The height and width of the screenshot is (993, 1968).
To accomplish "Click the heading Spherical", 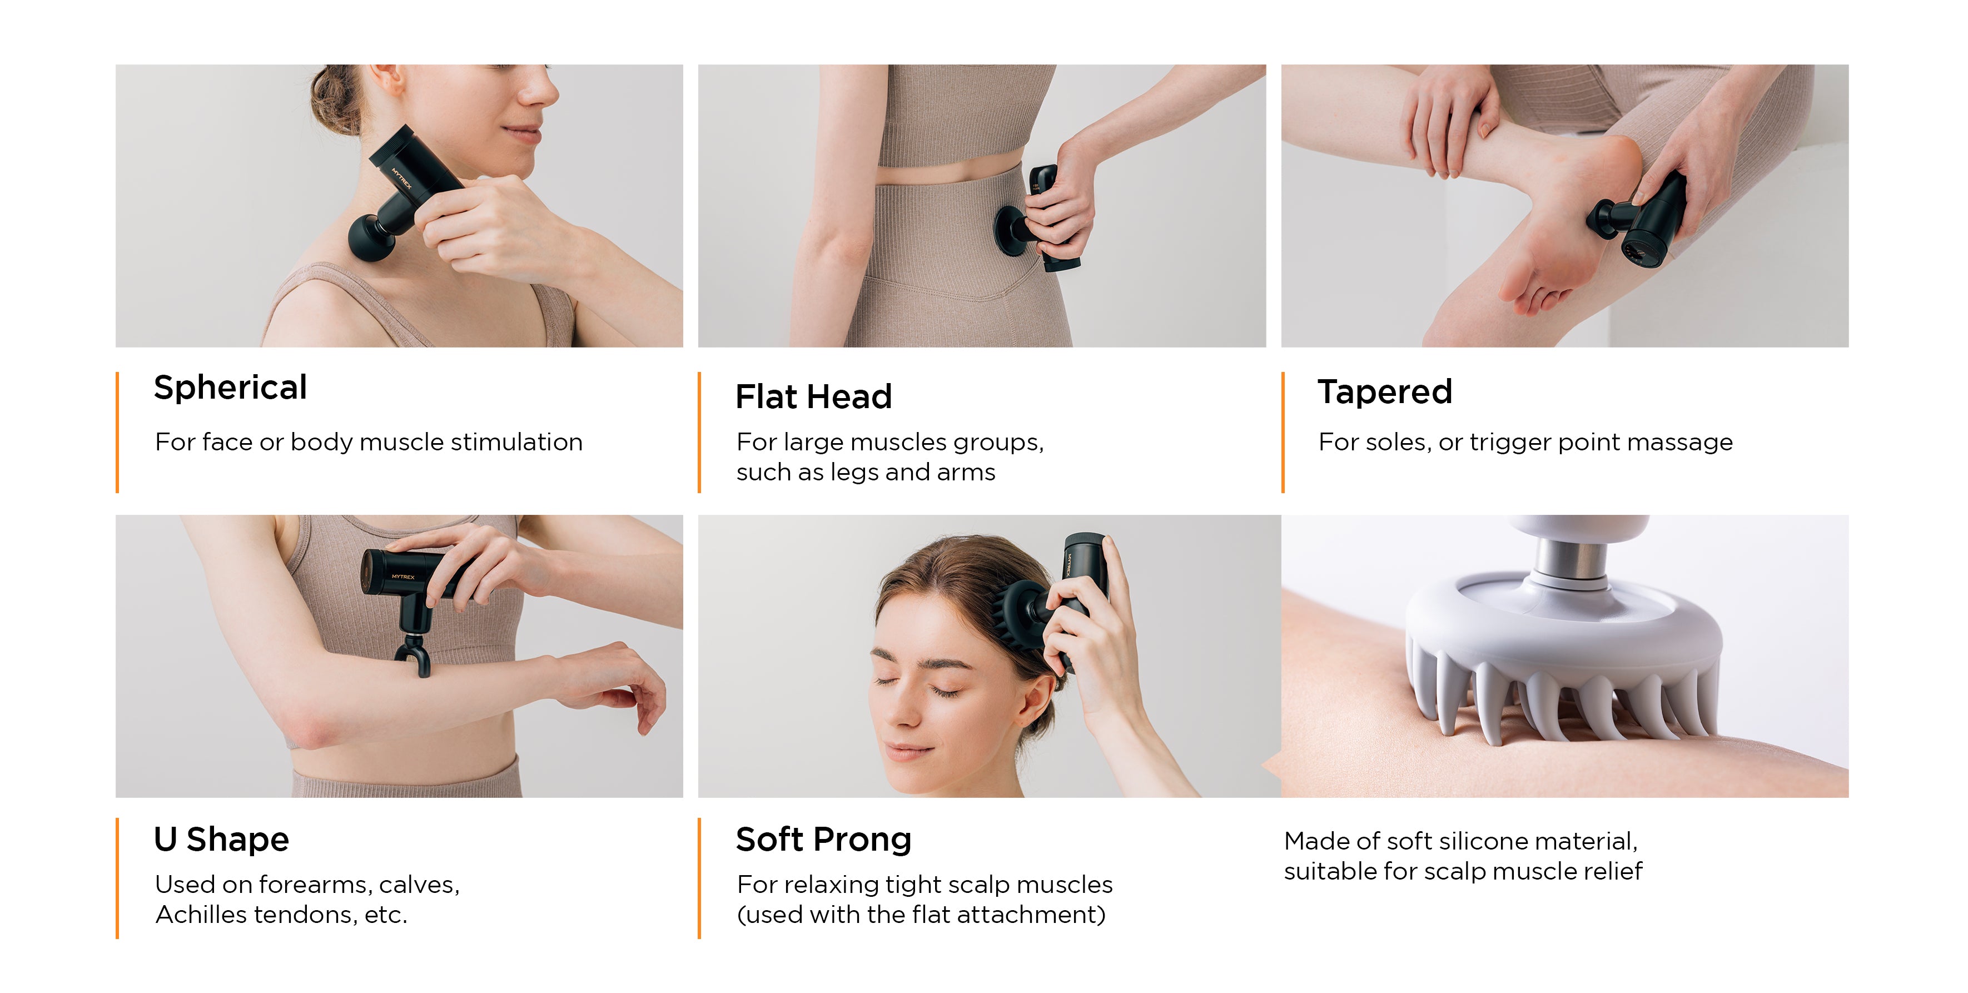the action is (x=230, y=388).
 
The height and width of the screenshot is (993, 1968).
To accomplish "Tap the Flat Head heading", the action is (x=814, y=397).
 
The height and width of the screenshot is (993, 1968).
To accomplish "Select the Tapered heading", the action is (x=1384, y=392).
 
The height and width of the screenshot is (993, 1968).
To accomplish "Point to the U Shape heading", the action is (x=222, y=840).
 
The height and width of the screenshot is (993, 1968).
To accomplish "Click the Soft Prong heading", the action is (x=823, y=840).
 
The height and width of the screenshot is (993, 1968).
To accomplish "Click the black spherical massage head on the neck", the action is (x=372, y=237).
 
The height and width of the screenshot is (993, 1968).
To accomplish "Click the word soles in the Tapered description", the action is (x=1374, y=442).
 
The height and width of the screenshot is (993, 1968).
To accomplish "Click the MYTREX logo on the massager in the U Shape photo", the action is (x=402, y=577).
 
